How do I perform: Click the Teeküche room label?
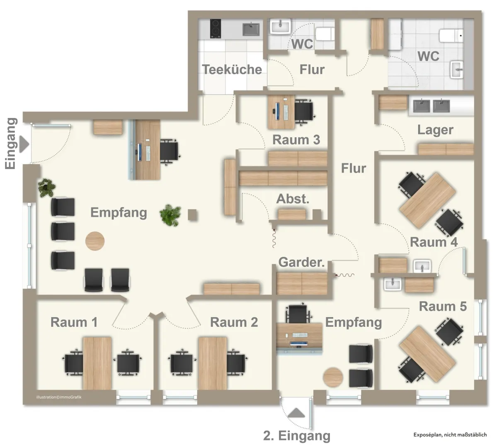(x=232, y=70)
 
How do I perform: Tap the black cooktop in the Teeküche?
(x=216, y=29)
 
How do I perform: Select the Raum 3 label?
(x=296, y=140)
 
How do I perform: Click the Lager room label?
(x=435, y=130)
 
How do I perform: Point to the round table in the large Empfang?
(x=95, y=241)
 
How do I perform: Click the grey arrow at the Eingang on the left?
(x=24, y=144)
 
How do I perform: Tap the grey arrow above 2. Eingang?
(x=296, y=412)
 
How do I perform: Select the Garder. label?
(x=301, y=263)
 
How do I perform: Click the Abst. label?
(x=293, y=199)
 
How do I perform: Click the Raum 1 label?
(x=74, y=322)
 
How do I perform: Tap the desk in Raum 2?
(x=213, y=363)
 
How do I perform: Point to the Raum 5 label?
(x=443, y=307)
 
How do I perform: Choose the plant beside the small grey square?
(x=170, y=215)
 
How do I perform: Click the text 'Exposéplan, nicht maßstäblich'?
(x=450, y=435)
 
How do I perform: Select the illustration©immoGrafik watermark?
(x=59, y=397)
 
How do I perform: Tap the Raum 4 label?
(x=434, y=242)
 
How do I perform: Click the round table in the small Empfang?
(x=333, y=377)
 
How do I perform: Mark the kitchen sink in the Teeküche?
(x=251, y=29)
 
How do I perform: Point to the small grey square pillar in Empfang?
(x=192, y=215)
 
